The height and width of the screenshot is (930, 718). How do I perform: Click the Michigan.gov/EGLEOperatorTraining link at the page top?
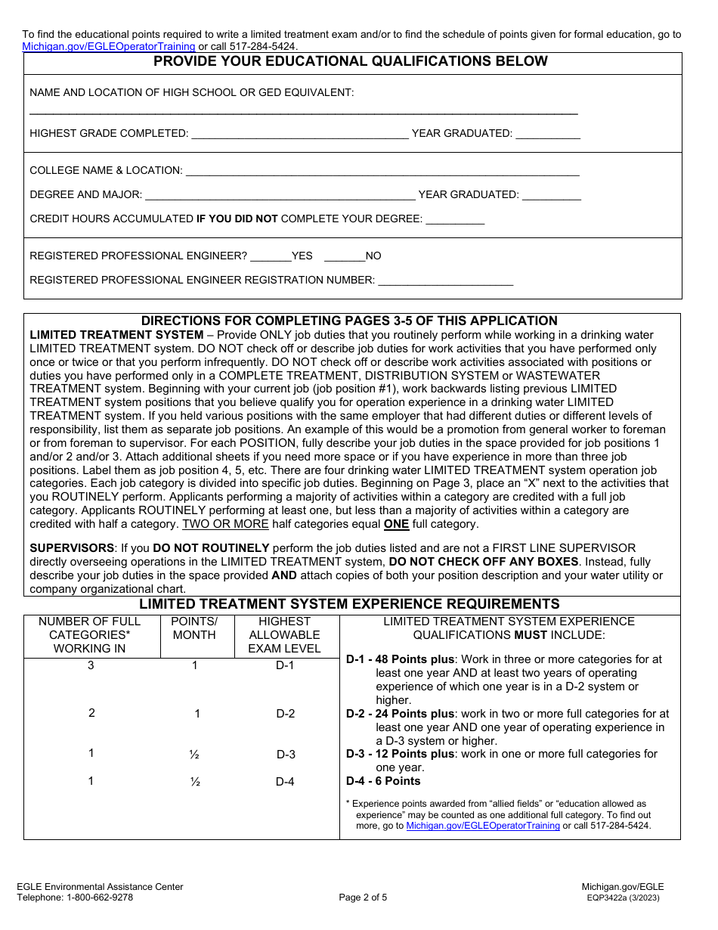108,46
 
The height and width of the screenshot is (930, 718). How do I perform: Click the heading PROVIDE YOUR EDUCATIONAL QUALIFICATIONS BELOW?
351,62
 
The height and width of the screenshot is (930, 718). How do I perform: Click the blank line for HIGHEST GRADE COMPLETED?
299,135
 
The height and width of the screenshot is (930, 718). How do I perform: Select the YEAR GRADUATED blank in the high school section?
548,135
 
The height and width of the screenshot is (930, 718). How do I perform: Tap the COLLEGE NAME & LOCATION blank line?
382,172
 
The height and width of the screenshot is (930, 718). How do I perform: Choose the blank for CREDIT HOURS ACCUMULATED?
455,220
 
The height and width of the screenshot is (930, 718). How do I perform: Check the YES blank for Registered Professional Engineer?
270,256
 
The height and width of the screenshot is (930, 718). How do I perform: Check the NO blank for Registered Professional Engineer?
345,256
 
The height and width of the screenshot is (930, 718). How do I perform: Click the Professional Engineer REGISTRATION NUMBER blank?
445,281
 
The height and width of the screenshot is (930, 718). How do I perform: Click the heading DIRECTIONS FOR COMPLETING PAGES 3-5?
349,321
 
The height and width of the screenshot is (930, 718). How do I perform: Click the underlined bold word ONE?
396,524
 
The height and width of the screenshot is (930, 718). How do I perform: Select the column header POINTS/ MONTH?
194,628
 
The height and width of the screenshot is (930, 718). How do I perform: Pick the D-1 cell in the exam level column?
285,665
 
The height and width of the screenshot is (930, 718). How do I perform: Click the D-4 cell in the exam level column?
285,782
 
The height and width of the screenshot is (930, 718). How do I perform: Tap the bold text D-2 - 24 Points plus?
401,714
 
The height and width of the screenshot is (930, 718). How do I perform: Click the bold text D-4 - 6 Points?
383,781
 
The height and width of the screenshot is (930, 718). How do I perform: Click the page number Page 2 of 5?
363,898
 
